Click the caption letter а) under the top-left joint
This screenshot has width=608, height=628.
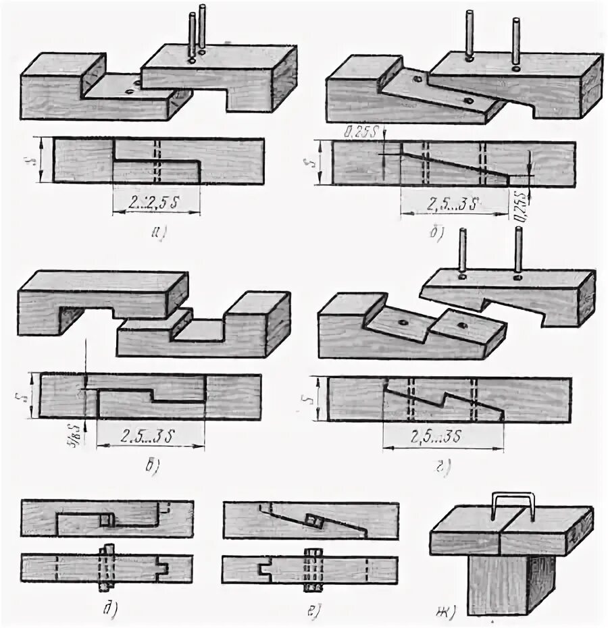tap(158, 234)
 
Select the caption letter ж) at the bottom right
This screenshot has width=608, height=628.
tap(446, 612)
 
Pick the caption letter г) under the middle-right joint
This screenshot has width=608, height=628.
tap(445, 466)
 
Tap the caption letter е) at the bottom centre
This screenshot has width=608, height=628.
tap(315, 611)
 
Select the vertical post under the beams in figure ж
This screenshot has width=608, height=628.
tap(510, 581)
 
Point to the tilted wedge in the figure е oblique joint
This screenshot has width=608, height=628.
tap(314, 522)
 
